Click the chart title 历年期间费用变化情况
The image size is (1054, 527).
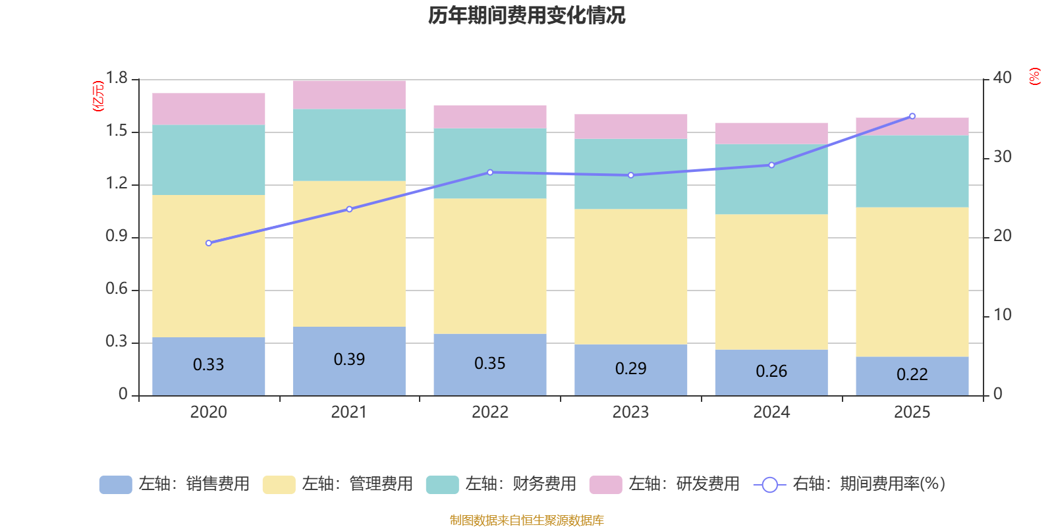[526, 15]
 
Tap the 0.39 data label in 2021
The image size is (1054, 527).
[349, 359]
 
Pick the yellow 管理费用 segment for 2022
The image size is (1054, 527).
[490, 266]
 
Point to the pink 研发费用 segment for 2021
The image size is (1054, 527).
[349, 94]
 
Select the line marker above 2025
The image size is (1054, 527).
[912, 116]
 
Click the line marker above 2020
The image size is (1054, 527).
[209, 243]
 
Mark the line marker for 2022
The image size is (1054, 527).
[490, 173]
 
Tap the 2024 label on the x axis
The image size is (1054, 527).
[771, 412]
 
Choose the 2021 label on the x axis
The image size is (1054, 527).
[349, 412]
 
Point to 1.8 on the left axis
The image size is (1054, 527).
[117, 78]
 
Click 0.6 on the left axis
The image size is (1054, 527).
[117, 289]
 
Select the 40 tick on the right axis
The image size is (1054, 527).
[1002, 78]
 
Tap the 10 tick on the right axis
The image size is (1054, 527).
[1002, 315]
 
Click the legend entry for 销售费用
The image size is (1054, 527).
[175, 484]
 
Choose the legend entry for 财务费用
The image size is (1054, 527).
[501, 484]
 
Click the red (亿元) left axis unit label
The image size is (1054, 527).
[98, 96]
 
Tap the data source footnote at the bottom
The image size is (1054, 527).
[526, 520]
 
